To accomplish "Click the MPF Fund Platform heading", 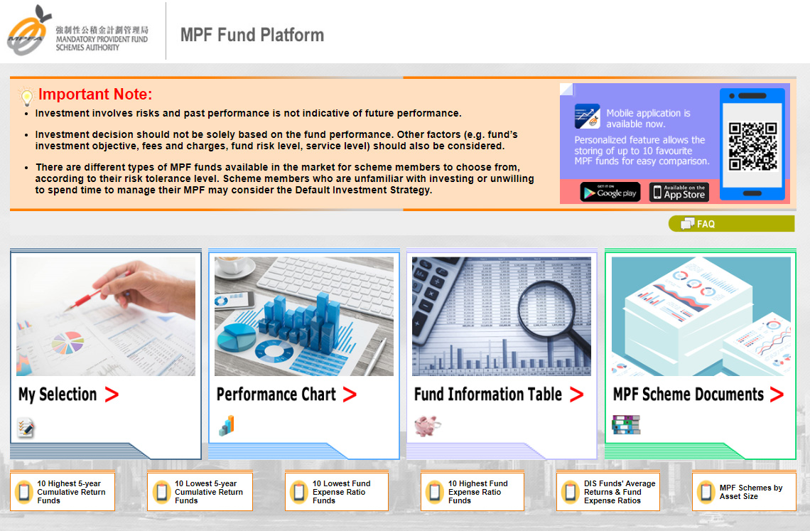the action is coord(252,35).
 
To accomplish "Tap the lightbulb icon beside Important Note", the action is coord(26,96).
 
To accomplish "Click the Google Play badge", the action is coord(610,192).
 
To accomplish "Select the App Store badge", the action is coord(679,192).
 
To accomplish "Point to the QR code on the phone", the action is coord(752,146).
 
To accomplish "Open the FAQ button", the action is coord(731,223).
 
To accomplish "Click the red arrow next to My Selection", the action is coord(112,395).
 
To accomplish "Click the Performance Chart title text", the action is coord(276,395).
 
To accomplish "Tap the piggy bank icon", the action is coord(427,426).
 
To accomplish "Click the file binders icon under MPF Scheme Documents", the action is coord(625,424).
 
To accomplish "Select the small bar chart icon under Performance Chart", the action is coord(227,426).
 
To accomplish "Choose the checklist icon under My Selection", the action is coord(26,428).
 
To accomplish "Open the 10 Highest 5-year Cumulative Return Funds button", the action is coord(63,491).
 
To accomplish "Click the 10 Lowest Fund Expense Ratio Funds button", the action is coord(337,491).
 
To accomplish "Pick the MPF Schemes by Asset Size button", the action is coord(744,491).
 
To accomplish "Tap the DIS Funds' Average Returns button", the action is coord(608,491).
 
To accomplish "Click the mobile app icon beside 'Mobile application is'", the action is coord(588,117).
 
